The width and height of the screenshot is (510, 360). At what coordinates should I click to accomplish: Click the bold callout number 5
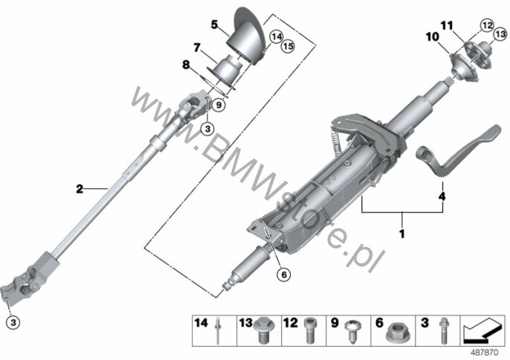214,25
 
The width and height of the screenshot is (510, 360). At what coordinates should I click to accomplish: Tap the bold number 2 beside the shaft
80,189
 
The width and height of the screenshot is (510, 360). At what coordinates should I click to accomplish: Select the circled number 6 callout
284,274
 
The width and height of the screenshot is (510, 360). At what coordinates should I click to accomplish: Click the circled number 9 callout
219,105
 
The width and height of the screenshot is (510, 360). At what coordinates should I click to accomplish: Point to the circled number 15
288,46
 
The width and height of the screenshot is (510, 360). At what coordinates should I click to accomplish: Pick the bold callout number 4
442,196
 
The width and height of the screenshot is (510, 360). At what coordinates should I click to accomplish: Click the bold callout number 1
402,234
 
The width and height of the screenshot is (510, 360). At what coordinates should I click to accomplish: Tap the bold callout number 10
433,37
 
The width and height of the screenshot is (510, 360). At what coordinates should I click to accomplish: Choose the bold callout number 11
447,25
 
